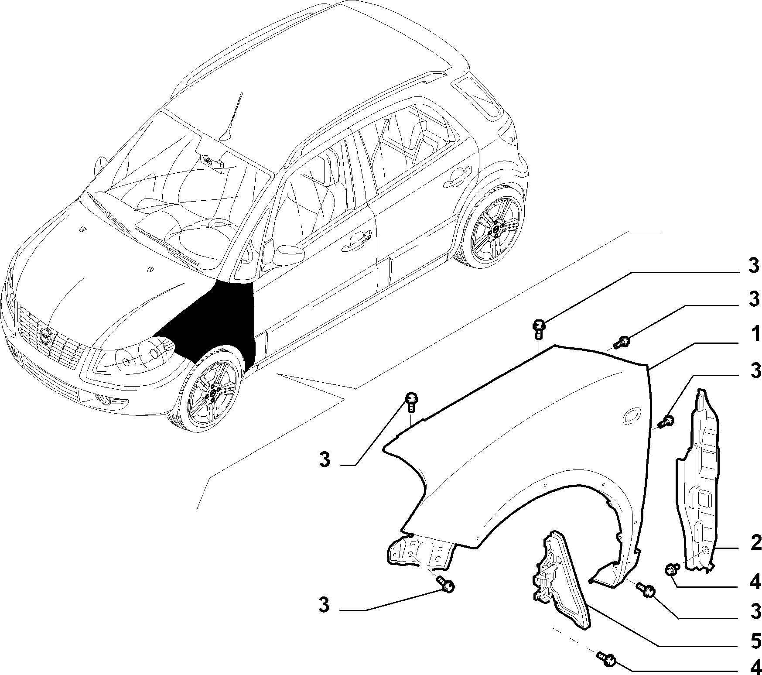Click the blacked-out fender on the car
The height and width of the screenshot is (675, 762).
(214, 323)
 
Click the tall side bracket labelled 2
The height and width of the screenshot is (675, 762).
(698, 480)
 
